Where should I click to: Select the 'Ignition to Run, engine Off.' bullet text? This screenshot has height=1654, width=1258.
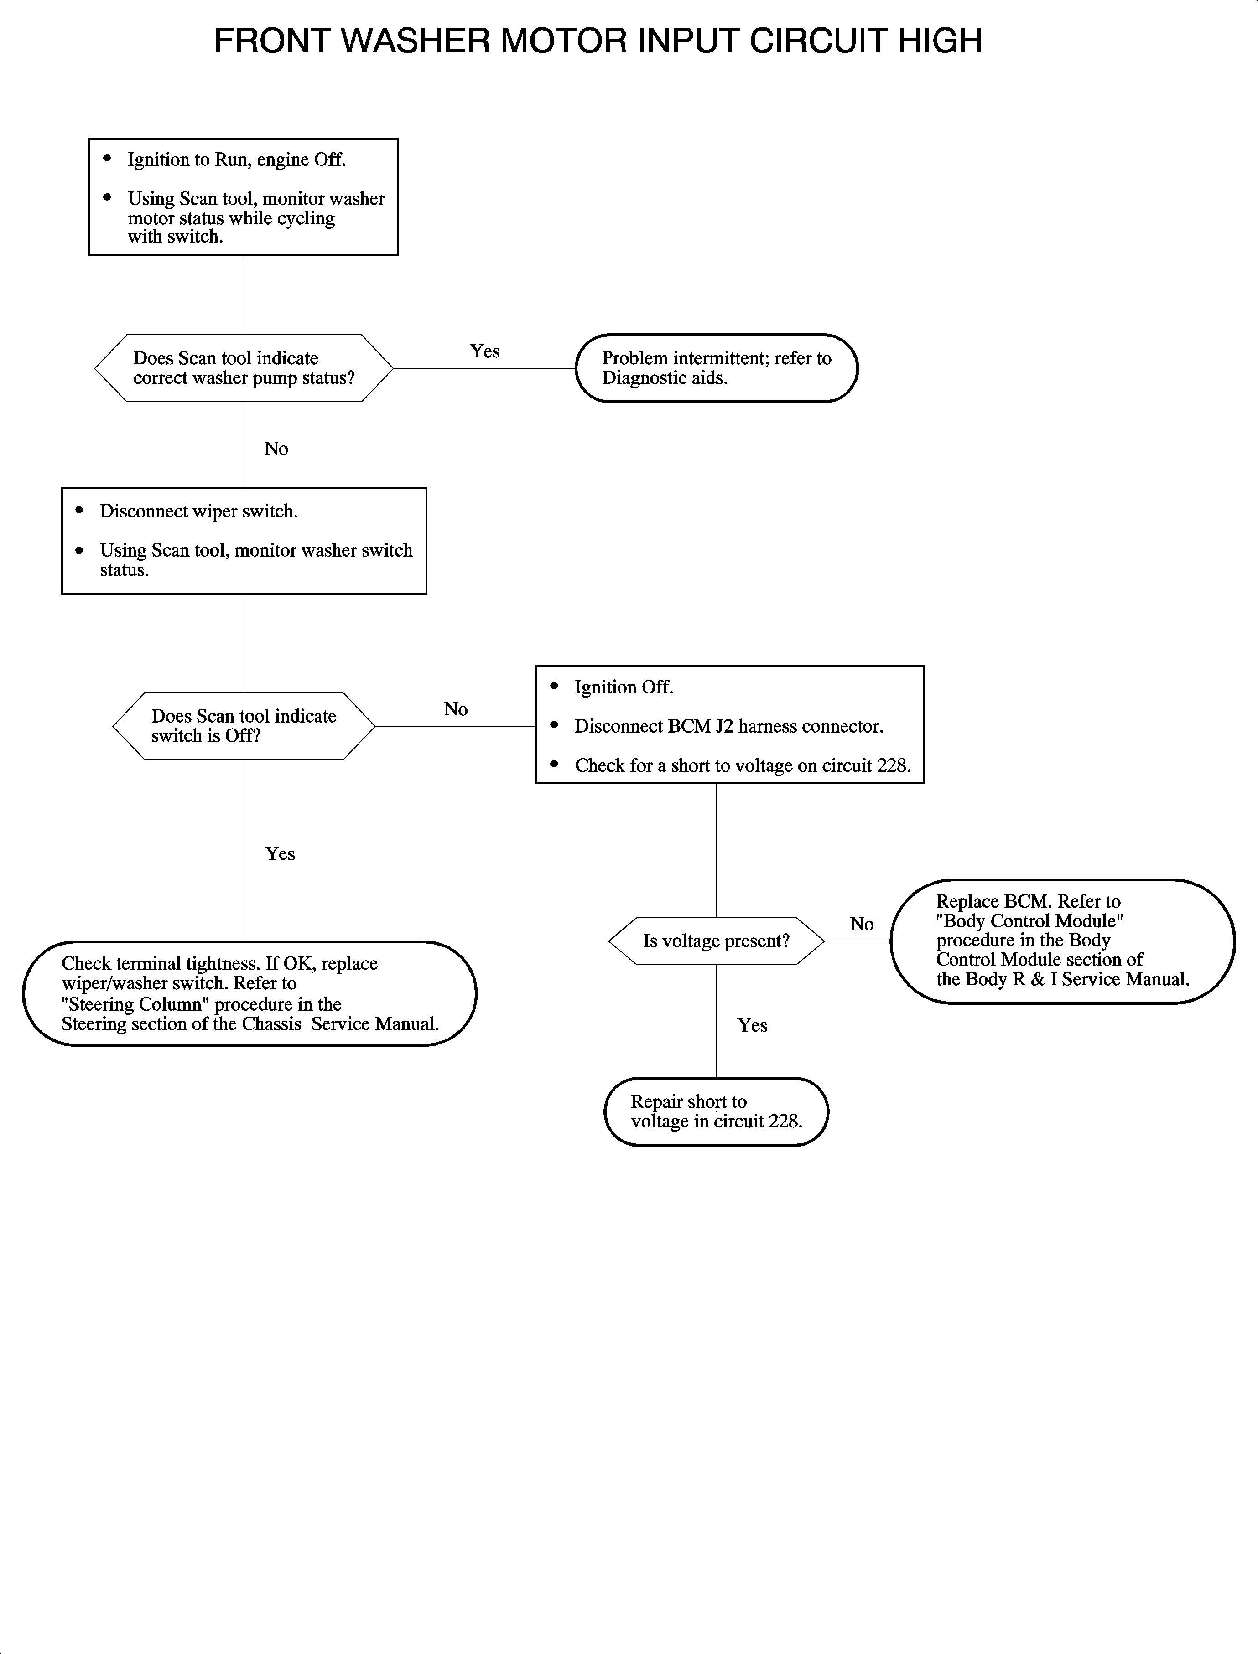click(237, 160)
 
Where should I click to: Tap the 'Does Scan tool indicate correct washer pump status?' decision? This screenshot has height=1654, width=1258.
click(244, 368)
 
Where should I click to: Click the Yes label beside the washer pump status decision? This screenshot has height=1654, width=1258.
click(484, 351)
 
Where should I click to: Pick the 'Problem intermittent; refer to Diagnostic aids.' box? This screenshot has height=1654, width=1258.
click(717, 368)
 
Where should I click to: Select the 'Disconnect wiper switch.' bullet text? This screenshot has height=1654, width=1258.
click(198, 511)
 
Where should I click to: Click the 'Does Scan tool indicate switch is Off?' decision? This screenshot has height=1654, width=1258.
click(244, 726)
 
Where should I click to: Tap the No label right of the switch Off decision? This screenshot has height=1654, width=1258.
click(455, 709)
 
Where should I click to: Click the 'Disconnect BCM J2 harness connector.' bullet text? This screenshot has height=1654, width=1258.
click(728, 726)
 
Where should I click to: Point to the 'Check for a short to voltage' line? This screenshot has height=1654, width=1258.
click(742, 765)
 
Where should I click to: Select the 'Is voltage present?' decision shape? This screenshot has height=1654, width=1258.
click(717, 941)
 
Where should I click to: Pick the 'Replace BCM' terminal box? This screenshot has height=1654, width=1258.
click(1062, 941)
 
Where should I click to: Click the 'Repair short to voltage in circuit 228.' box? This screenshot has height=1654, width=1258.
click(717, 1111)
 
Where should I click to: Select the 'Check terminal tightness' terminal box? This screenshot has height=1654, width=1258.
click(250, 993)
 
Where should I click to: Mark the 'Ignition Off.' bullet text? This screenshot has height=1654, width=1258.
click(624, 687)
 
